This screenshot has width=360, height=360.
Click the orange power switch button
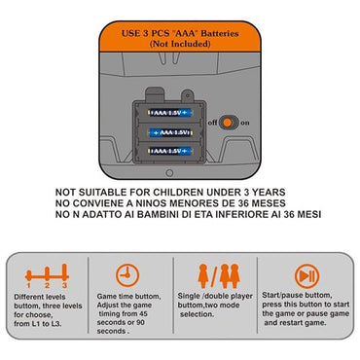[x=228, y=123]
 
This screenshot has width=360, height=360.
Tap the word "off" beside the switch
[x=213, y=123]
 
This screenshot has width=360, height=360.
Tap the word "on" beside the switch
[x=245, y=123]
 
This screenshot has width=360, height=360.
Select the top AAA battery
[x=170, y=113]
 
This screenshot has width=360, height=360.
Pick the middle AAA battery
[x=170, y=132]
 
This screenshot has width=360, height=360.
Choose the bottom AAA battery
[x=170, y=151]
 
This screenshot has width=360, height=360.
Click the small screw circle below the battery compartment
[x=169, y=173]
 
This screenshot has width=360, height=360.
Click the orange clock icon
[x=127, y=275]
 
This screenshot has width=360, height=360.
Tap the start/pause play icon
[x=306, y=276]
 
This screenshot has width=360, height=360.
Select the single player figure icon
[x=203, y=276]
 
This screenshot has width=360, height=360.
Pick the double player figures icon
[x=230, y=276]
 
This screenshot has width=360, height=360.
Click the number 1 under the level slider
[x=29, y=286]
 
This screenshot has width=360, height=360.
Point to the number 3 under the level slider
[x=64, y=285]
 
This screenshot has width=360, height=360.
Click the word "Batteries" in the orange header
[x=220, y=33]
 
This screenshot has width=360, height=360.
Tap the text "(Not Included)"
[x=180, y=44]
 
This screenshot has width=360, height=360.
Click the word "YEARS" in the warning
[x=269, y=192]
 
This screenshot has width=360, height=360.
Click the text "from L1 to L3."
[x=38, y=324]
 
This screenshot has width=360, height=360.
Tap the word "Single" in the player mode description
[x=189, y=296]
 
